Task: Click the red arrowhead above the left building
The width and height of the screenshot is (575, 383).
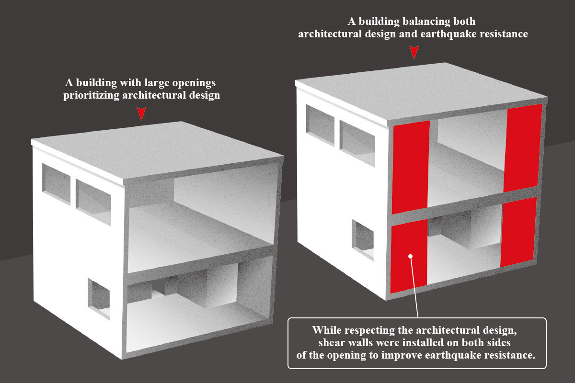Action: coord(141,113)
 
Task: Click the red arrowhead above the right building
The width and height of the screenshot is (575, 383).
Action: coord(414,52)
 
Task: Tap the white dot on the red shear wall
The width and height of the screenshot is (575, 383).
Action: coord(410,256)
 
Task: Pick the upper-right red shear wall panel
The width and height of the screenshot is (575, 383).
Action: coord(523,148)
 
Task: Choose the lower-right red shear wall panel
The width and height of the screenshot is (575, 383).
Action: coord(518,232)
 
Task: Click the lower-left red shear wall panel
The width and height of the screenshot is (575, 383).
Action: coord(409,256)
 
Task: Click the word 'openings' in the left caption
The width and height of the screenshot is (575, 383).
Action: coord(194,83)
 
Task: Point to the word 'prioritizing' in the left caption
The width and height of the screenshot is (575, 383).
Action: coord(91,95)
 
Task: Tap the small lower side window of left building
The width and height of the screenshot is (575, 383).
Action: coord(99,299)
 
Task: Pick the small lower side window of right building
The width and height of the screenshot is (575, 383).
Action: coord(363,240)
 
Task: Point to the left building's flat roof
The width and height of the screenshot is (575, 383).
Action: coord(157,150)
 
